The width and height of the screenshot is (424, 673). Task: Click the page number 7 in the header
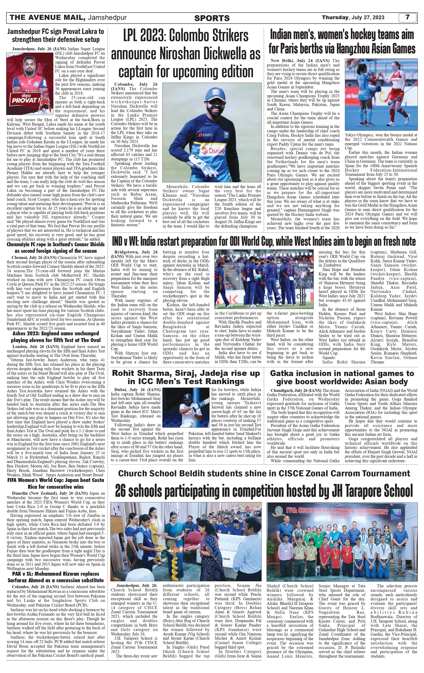pos(408,17)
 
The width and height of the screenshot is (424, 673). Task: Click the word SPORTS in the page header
pos(212,18)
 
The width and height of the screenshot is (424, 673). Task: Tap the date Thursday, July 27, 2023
pos(353,17)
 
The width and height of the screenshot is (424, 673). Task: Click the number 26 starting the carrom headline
pos(122,491)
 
